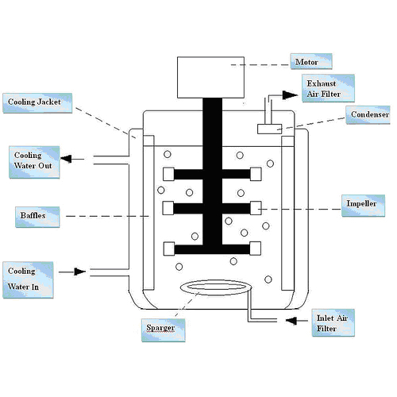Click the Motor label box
tap(311, 61)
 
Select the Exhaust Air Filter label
tap(328, 88)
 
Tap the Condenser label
tap(368, 114)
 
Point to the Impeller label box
tap(363, 206)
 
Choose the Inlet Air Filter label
tap(333, 322)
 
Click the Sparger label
tap(163, 330)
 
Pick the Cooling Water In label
tap(28, 279)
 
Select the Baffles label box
tap(37, 217)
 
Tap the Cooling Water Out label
tap(34, 162)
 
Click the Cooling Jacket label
tap(37, 103)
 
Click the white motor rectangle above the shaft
tap(210, 77)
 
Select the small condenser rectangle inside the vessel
tap(269, 129)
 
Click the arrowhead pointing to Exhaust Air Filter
tap(290, 95)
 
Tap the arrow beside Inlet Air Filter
tap(297, 321)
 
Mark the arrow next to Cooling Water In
tap(72, 272)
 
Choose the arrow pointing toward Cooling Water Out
tap(72, 159)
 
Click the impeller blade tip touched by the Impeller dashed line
tap(256, 208)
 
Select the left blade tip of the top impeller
tap(168, 174)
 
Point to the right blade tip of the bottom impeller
tap(255, 249)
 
